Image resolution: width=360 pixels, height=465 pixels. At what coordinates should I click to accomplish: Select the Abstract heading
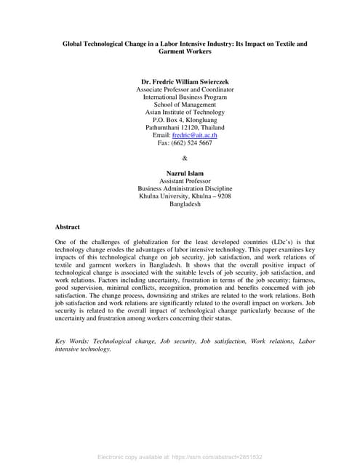pos(68,227)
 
